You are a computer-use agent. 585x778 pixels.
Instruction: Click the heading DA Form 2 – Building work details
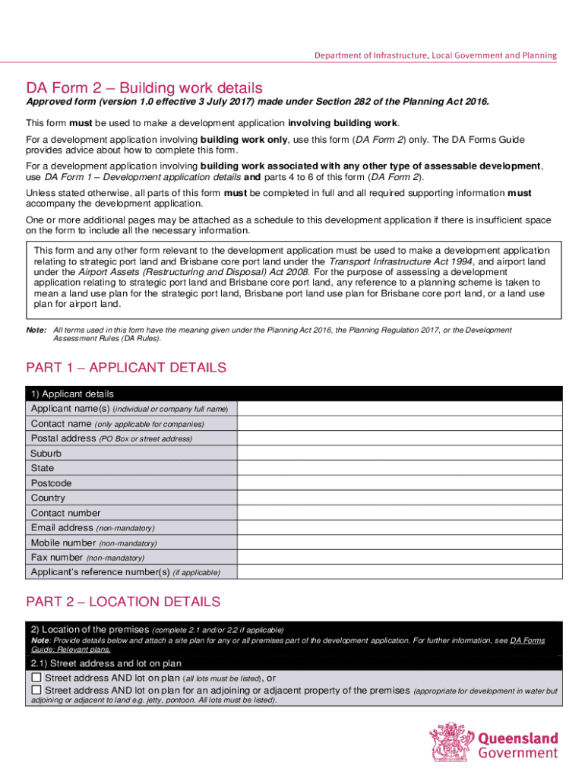click(144, 87)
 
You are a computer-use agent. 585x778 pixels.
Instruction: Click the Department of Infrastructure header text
click(436, 55)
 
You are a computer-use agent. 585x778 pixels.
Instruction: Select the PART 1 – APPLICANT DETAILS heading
click(126, 368)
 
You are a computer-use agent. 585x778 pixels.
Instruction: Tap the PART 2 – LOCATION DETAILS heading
click(123, 602)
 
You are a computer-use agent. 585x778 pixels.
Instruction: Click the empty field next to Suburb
click(400, 454)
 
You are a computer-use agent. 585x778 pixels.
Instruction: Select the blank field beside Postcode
click(400, 483)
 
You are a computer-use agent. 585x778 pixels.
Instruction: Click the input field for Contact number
click(400, 513)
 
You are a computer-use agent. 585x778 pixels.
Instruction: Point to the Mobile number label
click(64, 543)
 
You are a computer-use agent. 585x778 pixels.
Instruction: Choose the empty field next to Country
click(400, 498)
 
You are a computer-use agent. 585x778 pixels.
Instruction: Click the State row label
click(43, 469)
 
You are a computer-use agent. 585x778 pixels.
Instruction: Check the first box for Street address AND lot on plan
click(36, 677)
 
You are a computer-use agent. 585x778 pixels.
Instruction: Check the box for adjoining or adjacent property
click(36, 690)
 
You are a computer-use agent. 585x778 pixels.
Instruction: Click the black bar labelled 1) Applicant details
click(294, 394)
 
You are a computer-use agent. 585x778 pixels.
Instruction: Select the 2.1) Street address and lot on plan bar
click(294, 663)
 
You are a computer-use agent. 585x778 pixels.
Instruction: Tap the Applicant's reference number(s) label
click(99, 572)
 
